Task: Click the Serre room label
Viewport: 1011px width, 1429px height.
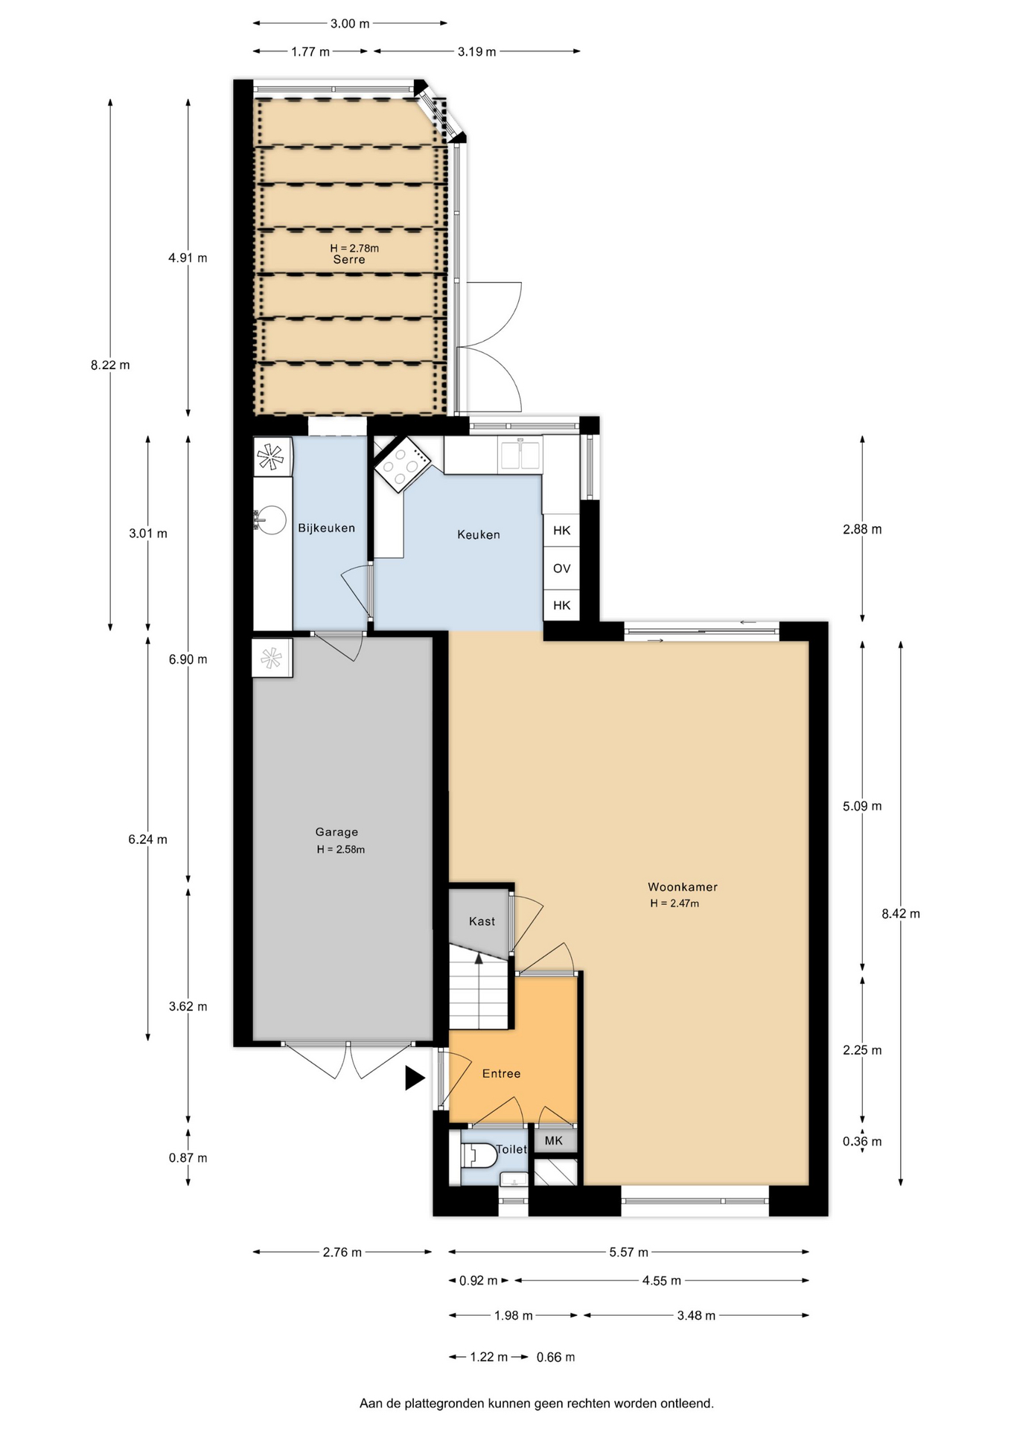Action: coord(349,260)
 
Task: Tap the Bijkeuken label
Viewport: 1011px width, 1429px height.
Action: coord(327,528)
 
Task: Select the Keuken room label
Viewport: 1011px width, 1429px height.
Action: coord(479,534)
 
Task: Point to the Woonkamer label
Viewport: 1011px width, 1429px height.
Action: coord(683,887)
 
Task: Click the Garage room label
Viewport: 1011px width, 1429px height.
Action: coord(337,832)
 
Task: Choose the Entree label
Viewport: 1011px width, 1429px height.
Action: coord(501,1073)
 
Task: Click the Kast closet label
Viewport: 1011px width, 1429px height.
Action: coord(482,921)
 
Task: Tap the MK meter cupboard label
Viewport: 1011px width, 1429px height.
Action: coord(554,1141)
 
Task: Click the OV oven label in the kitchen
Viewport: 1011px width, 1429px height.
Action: coord(562,569)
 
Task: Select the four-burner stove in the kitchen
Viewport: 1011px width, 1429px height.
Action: coord(402,464)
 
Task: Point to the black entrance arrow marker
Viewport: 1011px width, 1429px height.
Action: coord(415,1078)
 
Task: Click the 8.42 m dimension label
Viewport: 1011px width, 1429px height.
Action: coord(901,914)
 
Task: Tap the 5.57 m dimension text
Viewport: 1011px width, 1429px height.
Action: coord(628,1252)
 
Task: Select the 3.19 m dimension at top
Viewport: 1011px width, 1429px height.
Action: coord(476,51)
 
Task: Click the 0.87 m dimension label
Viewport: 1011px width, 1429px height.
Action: coord(188,1157)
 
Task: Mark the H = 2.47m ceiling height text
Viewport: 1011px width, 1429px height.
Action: coord(674,904)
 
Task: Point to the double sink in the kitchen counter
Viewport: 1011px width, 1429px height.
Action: coord(521,453)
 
